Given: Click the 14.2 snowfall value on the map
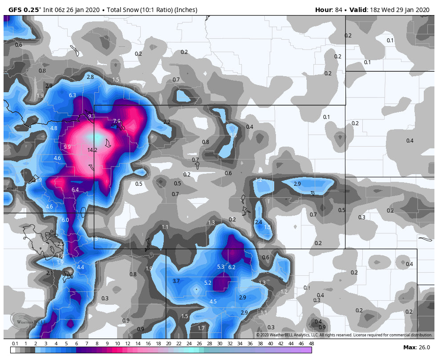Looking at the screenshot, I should (92, 150).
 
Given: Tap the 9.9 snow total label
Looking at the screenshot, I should (67, 147).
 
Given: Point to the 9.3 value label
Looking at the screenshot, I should (91, 116).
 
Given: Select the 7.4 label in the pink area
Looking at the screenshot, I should (117, 121).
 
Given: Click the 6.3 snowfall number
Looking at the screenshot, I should (72, 95).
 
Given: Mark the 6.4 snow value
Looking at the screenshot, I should (75, 190).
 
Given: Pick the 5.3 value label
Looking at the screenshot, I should (220, 267).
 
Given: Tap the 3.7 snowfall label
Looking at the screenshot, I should (176, 281).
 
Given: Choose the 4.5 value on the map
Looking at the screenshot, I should (213, 302).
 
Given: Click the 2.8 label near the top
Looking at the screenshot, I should (90, 77).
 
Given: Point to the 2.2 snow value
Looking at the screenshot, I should (167, 122).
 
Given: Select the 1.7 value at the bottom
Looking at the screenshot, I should (201, 328).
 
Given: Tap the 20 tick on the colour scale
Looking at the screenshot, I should (168, 344).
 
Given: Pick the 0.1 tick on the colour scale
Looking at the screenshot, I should (15, 344).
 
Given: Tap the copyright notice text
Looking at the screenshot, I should (344, 335).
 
